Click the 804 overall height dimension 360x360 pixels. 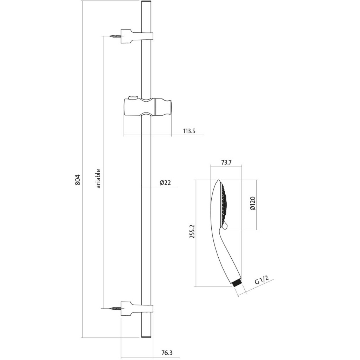pos(78,180)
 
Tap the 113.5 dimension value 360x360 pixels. pos(189,131)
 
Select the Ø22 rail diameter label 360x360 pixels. pos(165,182)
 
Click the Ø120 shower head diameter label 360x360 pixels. pos(253,204)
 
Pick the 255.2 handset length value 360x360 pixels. pos(192,231)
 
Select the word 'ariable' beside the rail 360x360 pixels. pos(98,178)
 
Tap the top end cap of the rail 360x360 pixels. pos(146,2)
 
